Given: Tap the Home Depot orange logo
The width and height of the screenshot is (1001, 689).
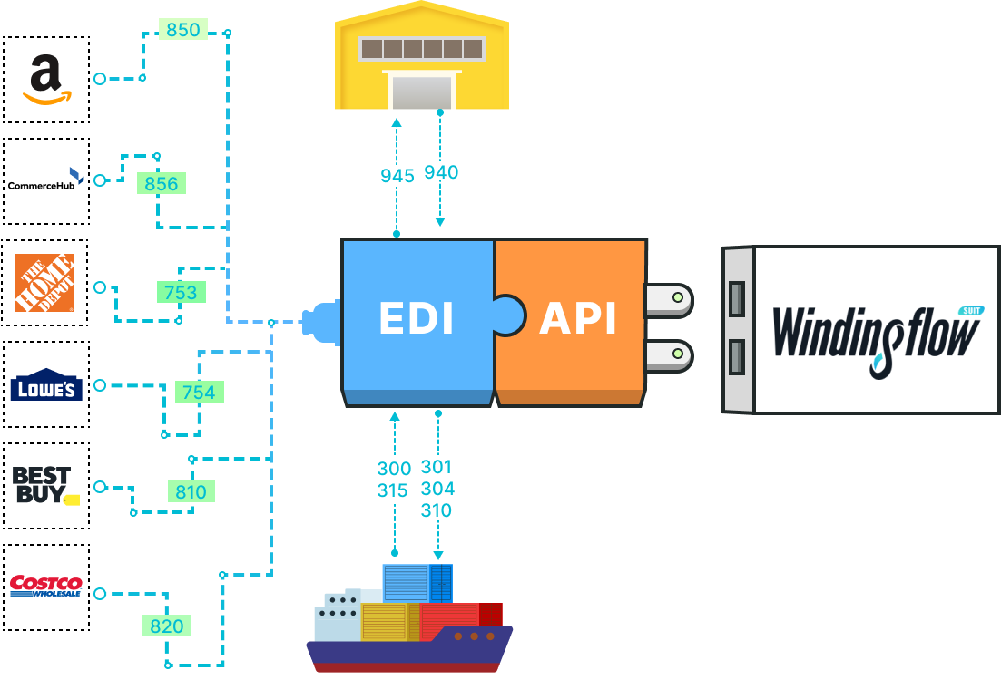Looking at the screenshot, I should tap(44, 283).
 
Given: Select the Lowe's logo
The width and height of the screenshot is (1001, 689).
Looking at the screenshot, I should tap(46, 385).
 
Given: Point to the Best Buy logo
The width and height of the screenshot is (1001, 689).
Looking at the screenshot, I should tap(44, 486).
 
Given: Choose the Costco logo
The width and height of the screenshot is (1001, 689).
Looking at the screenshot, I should tap(45, 585).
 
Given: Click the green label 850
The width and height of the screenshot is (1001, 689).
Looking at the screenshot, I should tap(183, 30).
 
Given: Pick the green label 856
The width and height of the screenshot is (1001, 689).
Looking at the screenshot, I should tap(162, 183).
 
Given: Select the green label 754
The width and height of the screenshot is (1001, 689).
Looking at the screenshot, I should tap(199, 392).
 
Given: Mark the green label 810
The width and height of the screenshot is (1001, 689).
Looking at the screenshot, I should tap(191, 491).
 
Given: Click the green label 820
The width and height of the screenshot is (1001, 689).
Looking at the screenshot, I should tap(166, 626).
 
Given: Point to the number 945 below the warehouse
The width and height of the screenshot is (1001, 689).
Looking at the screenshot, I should tap(397, 175).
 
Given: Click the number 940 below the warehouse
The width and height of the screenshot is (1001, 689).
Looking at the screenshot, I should tap(441, 172).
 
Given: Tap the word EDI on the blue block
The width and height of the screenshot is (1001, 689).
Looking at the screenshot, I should tap(417, 319).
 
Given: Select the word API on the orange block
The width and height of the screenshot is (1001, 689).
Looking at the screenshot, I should tap(578, 319).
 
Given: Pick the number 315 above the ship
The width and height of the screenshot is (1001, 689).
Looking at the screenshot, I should tap(393, 490).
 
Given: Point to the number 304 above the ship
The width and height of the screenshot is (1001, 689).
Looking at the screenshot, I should tap(437, 489).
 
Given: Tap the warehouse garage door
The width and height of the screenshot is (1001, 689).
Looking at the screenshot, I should tap(421, 92).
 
